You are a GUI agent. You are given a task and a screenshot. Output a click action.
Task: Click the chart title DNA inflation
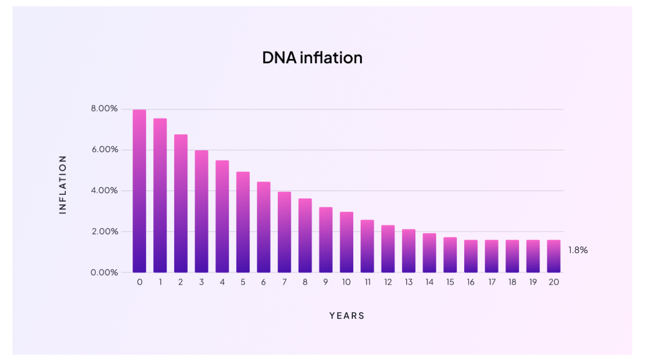pos(312,58)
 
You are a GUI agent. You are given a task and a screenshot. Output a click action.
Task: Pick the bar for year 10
pos(347,242)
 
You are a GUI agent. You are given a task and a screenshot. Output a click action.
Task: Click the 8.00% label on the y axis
pos(104,109)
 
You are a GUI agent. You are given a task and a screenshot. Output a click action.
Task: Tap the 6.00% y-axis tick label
pos(104,150)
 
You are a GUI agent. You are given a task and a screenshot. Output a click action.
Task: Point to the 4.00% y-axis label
pos(104,191)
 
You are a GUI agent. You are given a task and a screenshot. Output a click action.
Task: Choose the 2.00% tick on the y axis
pos(104,231)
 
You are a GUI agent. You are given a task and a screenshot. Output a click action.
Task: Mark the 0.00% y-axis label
pos(104,273)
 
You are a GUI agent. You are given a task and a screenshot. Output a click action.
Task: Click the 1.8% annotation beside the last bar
pos(578,250)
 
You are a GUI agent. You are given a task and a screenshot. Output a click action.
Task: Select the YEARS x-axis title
pos(347,316)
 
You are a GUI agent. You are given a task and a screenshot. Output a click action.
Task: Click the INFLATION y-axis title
pos(63,185)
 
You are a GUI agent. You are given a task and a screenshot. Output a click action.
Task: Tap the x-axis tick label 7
pos(284,282)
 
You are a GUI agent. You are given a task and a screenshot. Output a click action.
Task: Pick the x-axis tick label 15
pos(450,282)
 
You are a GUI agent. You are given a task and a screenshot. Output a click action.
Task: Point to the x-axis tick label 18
pos(512,282)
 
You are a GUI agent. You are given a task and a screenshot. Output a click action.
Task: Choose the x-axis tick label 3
pos(202,282)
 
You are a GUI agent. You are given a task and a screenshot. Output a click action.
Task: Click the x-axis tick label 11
pos(367,282)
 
